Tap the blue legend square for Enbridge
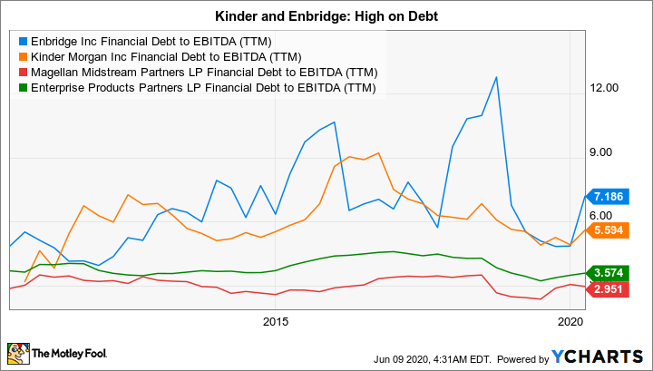(x=23, y=41)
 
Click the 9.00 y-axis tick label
(x=603, y=152)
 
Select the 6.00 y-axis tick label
(x=603, y=215)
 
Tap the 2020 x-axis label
(x=570, y=321)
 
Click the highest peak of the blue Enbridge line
(x=496, y=77)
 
